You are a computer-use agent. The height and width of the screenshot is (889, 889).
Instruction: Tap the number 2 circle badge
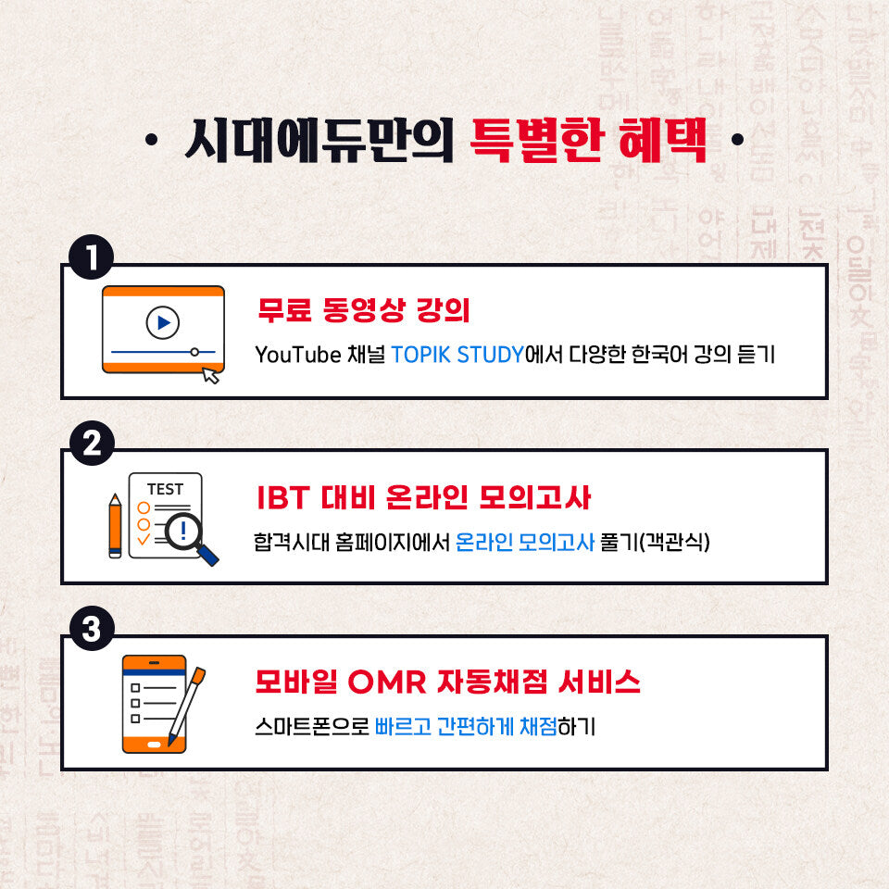click(91, 445)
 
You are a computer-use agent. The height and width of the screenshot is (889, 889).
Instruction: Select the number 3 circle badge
click(91, 631)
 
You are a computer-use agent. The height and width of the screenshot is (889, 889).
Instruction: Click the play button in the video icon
click(163, 322)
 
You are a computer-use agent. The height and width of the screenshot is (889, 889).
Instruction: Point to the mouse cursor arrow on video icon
click(212, 375)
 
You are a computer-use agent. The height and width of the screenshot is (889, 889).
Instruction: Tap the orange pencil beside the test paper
click(115, 525)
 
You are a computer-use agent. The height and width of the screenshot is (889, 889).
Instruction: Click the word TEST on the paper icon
click(165, 489)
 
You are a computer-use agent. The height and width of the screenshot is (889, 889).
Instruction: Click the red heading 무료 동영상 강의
click(364, 310)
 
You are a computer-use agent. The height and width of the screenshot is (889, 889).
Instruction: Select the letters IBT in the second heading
click(282, 497)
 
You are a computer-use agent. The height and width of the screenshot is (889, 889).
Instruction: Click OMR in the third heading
click(387, 682)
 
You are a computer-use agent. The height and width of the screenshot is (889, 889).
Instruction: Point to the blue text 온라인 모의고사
click(525, 542)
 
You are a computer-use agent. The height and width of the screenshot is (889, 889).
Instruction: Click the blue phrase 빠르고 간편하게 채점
click(466, 727)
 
